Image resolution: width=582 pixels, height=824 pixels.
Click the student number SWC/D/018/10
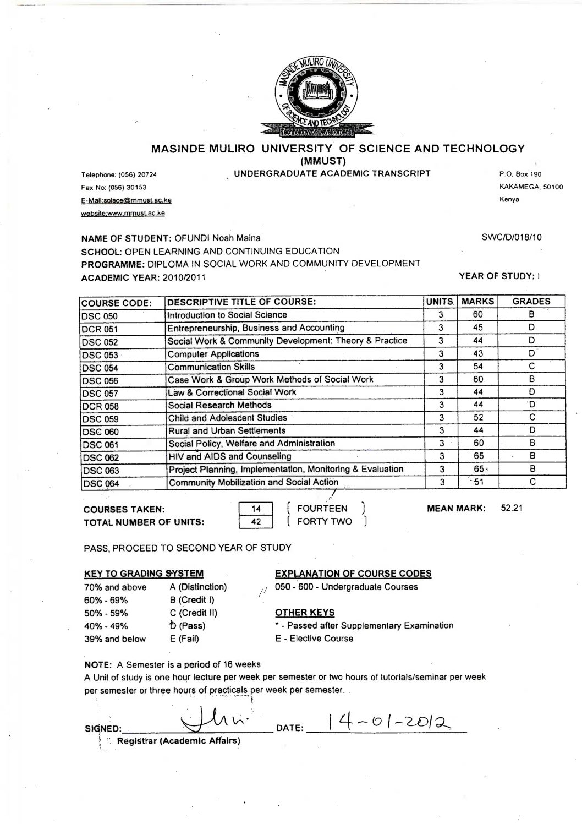coord(511,237)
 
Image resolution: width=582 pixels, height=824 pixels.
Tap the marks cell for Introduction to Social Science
coord(477,315)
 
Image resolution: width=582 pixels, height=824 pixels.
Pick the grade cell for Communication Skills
coord(531,367)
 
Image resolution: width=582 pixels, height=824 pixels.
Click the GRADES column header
coord(531,301)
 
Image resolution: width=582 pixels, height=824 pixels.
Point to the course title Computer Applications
coord(213,354)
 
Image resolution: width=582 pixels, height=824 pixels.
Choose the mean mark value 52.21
coord(511,508)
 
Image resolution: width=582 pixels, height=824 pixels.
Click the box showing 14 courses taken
coord(256,509)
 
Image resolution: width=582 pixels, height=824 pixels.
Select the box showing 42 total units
coord(256,521)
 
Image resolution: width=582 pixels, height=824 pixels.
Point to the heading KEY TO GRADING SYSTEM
coord(144,574)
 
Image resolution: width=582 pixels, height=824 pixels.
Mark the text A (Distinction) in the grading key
coord(198,587)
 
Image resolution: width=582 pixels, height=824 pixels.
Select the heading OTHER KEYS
coord(304,612)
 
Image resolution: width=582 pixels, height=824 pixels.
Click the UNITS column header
coord(440,301)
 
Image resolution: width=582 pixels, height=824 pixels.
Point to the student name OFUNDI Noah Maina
coord(218,238)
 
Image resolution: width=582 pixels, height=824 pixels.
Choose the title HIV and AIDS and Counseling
coord(229,456)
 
